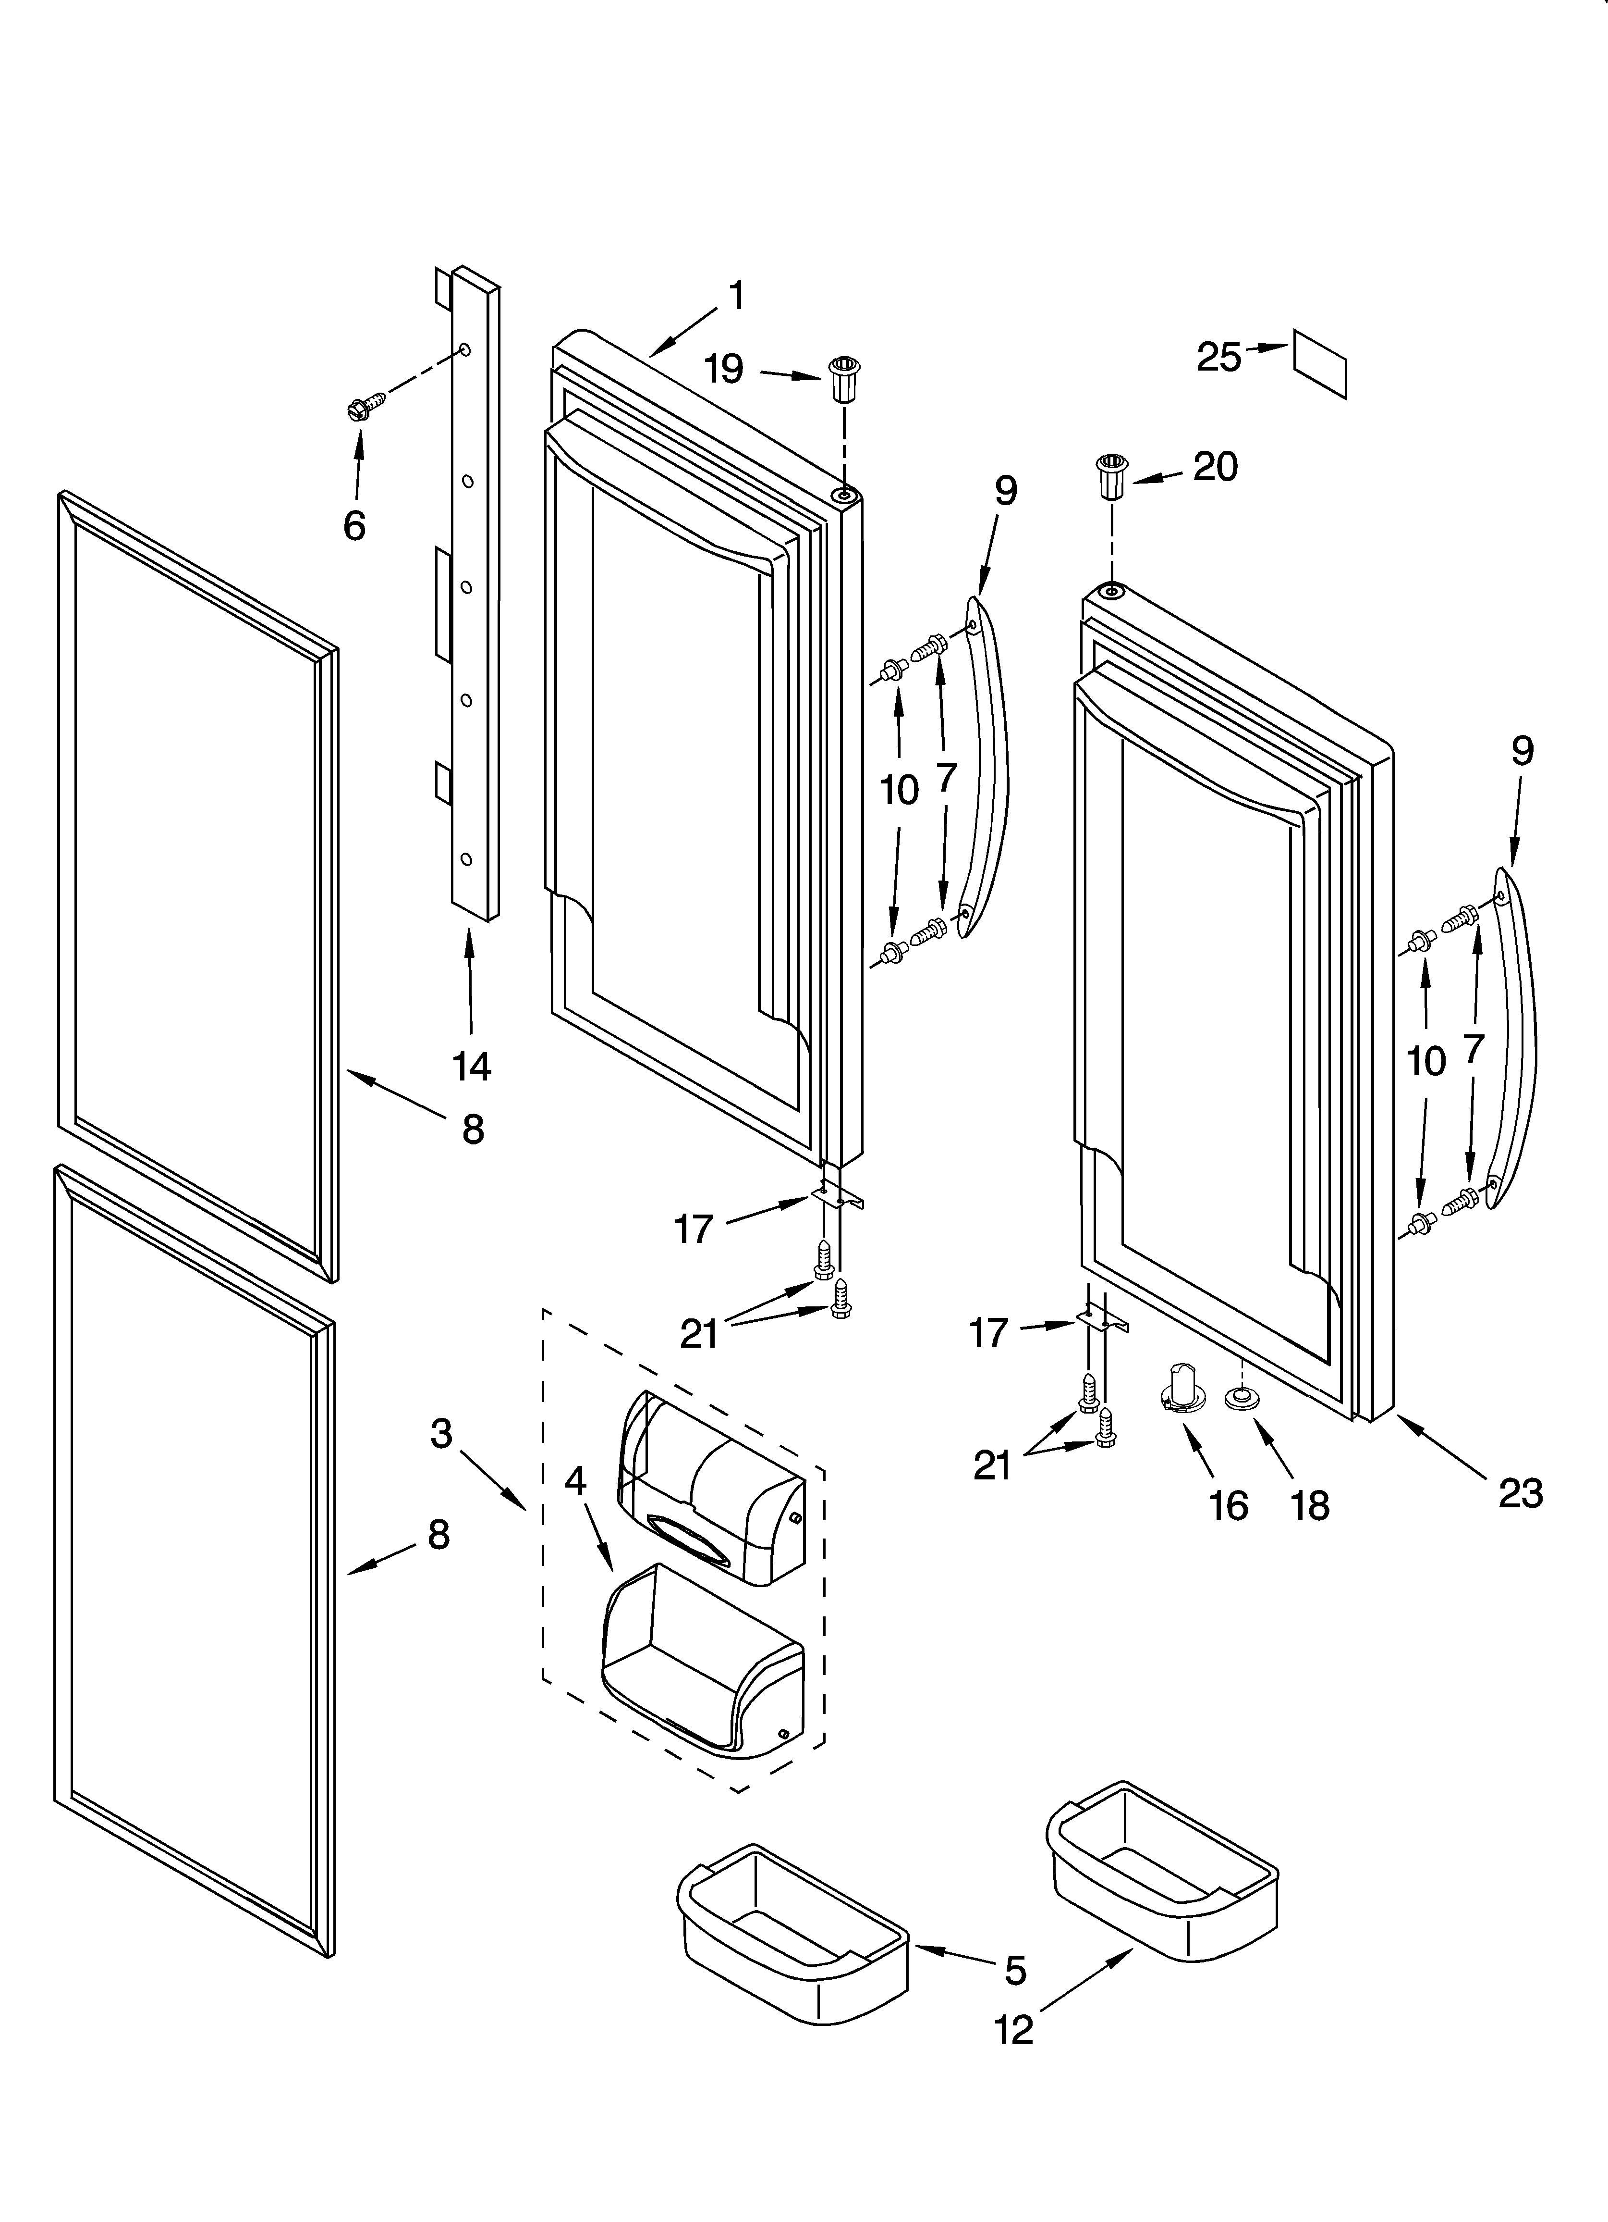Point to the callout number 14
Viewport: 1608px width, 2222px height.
click(x=471, y=1066)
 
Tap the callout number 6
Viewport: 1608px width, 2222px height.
click(x=354, y=526)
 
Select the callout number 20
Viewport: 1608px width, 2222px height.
click(x=1215, y=466)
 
